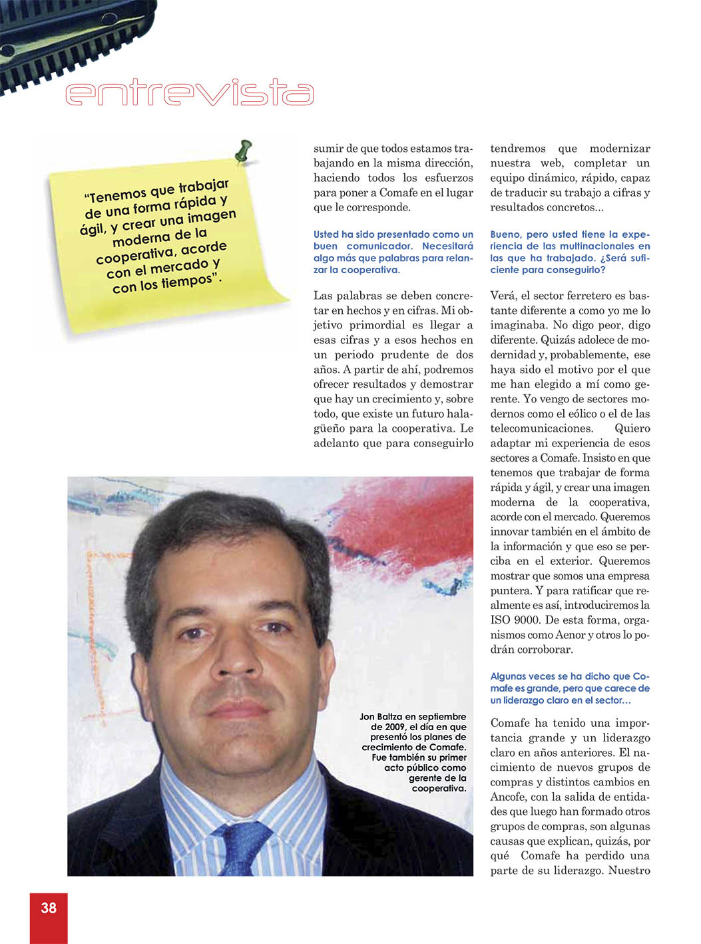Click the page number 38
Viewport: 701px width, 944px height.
pyautogui.click(x=49, y=907)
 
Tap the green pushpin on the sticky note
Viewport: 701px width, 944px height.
pyautogui.click(x=244, y=150)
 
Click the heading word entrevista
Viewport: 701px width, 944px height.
pyautogui.click(x=189, y=94)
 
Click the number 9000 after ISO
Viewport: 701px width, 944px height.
pyautogui.click(x=527, y=620)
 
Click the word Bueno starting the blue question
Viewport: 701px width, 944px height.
pyautogui.click(x=506, y=235)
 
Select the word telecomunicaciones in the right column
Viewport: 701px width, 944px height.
pyautogui.click(x=541, y=428)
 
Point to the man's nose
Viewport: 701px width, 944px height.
pyautogui.click(x=237, y=653)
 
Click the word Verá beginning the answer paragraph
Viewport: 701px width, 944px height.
pyautogui.click(x=503, y=296)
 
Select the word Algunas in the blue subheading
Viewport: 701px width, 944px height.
pyautogui.click(x=508, y=676)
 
